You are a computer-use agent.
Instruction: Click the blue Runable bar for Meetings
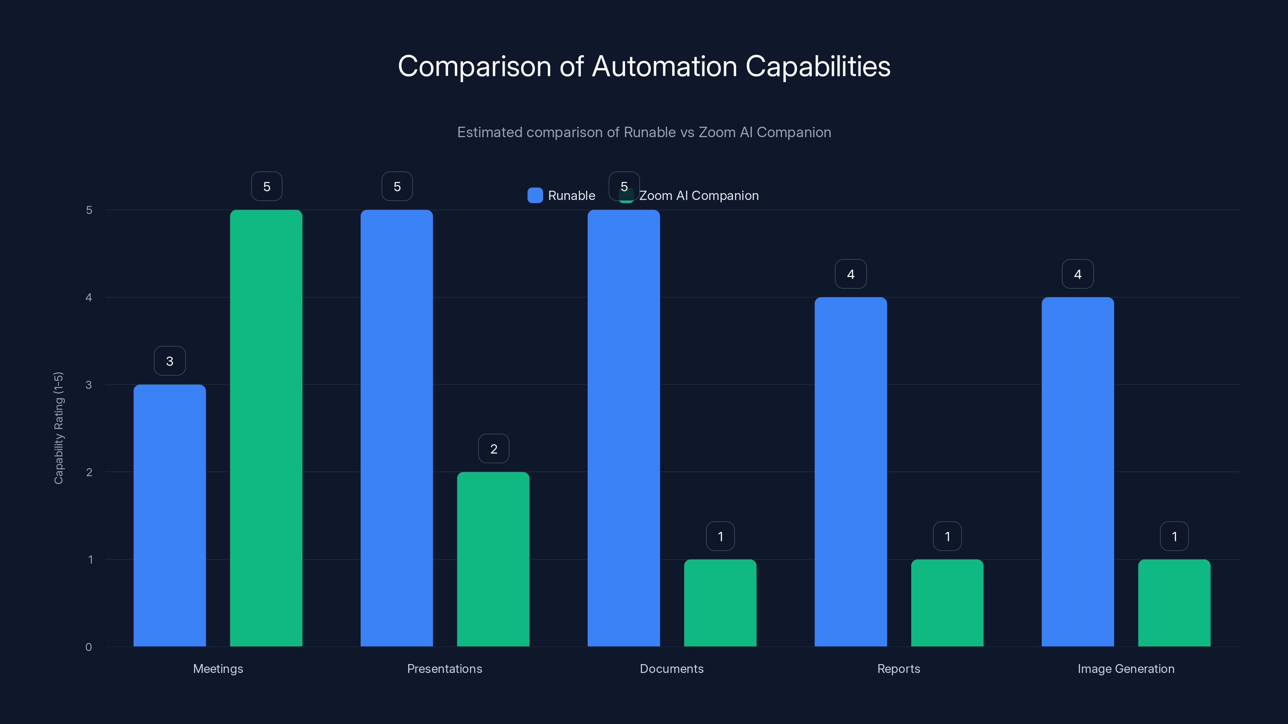(x=169, y=515)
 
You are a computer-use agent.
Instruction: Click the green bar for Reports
(x=947, y=603)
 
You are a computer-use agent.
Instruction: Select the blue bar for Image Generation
(x=1077, y=472)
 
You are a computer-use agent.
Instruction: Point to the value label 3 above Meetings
(x=169, y=361)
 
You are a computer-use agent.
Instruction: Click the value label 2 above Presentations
(x=493, y=449)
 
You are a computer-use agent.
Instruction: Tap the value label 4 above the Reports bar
(x=850, y=274)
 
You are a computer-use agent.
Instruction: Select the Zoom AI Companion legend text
(x=698, y=195)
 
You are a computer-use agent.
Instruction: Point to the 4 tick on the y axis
(x=89, y=297)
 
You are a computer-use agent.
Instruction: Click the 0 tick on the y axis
(x=89, y=647)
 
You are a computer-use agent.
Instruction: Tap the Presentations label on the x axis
(x=444, y=668)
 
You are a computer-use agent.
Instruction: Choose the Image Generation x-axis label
(x=1125, y=668)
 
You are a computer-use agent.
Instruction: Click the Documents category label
(x=671, y=668)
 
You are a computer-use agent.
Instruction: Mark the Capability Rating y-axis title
(x=58, y=428)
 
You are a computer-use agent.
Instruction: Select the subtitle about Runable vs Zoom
(x=644, y=132)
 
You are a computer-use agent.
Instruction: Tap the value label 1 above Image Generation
(x=1174, y=536)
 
